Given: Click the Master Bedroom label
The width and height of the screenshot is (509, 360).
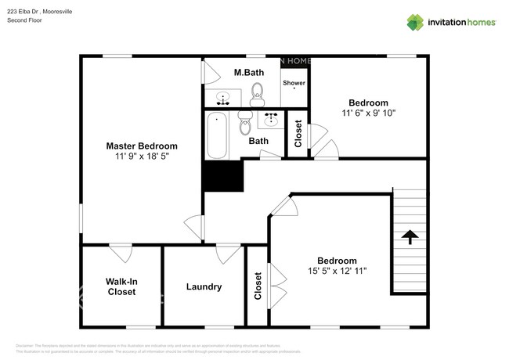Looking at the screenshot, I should click(142, 146).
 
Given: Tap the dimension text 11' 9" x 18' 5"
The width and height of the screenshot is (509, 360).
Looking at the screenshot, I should click(142, 157).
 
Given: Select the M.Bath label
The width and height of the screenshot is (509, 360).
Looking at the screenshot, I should click(249, 73).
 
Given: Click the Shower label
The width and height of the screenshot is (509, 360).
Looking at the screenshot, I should click(294, 82).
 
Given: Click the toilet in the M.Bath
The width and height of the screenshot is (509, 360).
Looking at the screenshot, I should click(256, 96).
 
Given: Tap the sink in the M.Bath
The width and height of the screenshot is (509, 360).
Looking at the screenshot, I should click(223, 99).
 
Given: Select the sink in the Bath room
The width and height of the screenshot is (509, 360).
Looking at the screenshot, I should click(272, 120).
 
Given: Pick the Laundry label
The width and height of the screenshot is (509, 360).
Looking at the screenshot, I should click(204, 287).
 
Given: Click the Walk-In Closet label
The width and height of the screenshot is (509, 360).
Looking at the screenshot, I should click(121, 286).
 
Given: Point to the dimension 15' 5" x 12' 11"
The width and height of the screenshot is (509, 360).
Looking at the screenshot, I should click(337, 272).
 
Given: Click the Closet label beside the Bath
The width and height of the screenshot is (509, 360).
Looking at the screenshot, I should click(298, 134).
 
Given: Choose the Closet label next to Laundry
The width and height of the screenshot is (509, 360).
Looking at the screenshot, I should click(258, 286).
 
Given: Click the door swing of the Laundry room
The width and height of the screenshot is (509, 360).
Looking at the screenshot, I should click(229, 252).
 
